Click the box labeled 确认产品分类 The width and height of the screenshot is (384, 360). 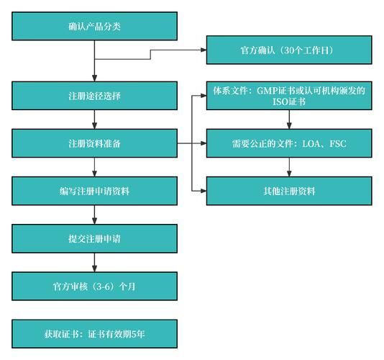94,27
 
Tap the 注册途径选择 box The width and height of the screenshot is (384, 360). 94,96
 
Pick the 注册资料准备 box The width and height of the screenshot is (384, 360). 94,143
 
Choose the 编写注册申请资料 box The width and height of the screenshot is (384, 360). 94,192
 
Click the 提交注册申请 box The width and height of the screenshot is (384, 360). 94,238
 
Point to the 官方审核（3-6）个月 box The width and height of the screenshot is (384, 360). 94,286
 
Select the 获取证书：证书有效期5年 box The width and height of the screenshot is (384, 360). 94,333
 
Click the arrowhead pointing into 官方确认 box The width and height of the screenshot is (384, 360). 203,50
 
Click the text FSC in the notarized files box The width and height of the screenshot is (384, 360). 337,143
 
